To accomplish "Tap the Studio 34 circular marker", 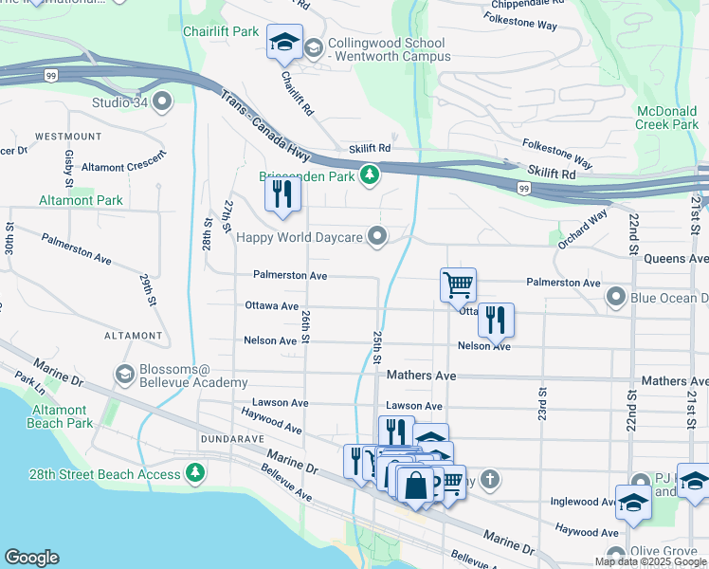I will [162, 101].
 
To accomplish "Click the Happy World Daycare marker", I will [378, 236].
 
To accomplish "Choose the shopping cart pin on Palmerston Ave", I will [458, 284].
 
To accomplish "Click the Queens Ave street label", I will [676, 258].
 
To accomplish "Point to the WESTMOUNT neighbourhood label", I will [68, 137].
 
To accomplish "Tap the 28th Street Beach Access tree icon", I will [194, 471].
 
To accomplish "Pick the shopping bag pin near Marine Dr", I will [415, 485].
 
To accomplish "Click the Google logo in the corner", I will [31, 558].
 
